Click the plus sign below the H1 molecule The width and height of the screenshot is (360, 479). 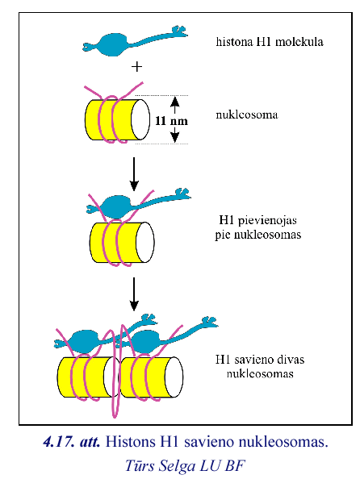click(x=136, y=67)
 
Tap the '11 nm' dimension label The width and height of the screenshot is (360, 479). click(x=171, y=121)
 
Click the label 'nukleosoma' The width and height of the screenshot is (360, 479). click(x=247, y=115)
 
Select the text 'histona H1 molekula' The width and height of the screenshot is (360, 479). click(x=270, y=42)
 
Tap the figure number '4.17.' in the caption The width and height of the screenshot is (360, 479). click(x=60, y=442)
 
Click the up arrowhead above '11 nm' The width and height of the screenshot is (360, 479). click(x=174, y=101)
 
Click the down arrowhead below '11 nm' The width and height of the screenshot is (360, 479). click(x=174, y=138)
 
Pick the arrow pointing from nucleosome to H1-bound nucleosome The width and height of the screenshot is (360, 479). click(x=134, y=174)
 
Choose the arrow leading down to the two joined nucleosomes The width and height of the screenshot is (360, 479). click(x=134, y=294)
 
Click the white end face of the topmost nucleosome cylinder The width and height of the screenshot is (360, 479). click(x=140, y=119)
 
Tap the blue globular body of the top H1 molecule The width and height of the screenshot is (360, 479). click(x=113, y=44)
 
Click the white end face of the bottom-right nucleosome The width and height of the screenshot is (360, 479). click(x=174, y=377)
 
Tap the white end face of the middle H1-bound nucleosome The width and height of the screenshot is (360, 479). click(x=145, y=242)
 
